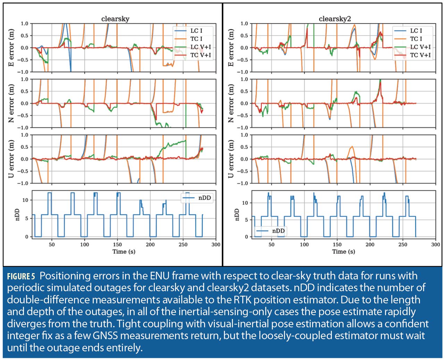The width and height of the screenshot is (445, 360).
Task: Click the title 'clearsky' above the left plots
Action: click(x=115, y=19)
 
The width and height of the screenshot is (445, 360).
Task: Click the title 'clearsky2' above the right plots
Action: click(x=335, y=19)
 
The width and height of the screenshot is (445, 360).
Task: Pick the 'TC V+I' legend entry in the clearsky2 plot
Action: click(x=420, y=55)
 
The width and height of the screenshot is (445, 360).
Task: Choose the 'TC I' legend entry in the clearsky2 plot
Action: click(x=416, y=39)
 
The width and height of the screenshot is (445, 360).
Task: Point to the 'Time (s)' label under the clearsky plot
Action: click(x=124, y=252)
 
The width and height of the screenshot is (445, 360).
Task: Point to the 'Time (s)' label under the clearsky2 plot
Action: click(x=343, y=252)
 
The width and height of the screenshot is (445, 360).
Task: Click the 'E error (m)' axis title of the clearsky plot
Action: click(x=12, y=48)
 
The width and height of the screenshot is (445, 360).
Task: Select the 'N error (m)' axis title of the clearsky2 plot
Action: click(x=232, y=103)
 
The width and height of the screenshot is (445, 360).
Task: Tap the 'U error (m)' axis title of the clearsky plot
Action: click(x=12, y=159)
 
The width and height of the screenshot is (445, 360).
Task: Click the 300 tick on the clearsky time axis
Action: click(x=216, y=245)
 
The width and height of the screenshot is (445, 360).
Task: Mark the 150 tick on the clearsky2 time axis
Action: click(x=337, y=245)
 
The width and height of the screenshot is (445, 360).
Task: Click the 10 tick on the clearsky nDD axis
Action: click(x=25, y=200)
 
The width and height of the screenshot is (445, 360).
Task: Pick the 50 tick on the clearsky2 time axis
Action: click(x=271, y=245)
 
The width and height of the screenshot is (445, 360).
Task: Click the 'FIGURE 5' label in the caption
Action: click(x=21, y=277)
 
